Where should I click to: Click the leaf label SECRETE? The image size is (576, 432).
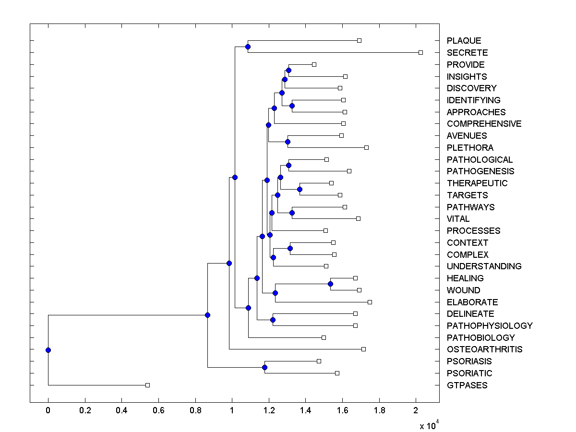tap(467, 53)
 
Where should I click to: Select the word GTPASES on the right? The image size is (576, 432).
tap(467, 385)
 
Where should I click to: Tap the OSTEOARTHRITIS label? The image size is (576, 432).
tap(484, 349)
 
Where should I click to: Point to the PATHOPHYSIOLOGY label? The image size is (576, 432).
tap(490, 326)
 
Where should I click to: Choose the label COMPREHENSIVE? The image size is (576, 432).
tap(484, 124)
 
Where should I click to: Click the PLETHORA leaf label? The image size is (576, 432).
tap(470, 148)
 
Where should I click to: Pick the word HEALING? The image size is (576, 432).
tap(465, 278)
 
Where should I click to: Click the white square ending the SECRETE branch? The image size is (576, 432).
tap(420, 52)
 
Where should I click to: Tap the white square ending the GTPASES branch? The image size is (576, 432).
tap(147, 385)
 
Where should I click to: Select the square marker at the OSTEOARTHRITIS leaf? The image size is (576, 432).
tap(363, 349)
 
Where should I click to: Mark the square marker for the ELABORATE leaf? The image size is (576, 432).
tap(370, 302)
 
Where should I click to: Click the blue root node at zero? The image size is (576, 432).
tap(48, 350)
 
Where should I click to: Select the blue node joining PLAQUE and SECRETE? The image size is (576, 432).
tap(248, 47)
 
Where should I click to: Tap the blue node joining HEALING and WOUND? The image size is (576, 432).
tap(330, 284)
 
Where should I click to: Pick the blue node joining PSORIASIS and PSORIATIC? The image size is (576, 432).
tap(264, 367)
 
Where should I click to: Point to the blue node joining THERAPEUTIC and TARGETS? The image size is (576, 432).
tap(300, 189)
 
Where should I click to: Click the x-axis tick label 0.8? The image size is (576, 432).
tap(195, 410)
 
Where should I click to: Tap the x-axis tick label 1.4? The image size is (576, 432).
tap(306, 410)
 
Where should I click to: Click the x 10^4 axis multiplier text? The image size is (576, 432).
tap(429, 425)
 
